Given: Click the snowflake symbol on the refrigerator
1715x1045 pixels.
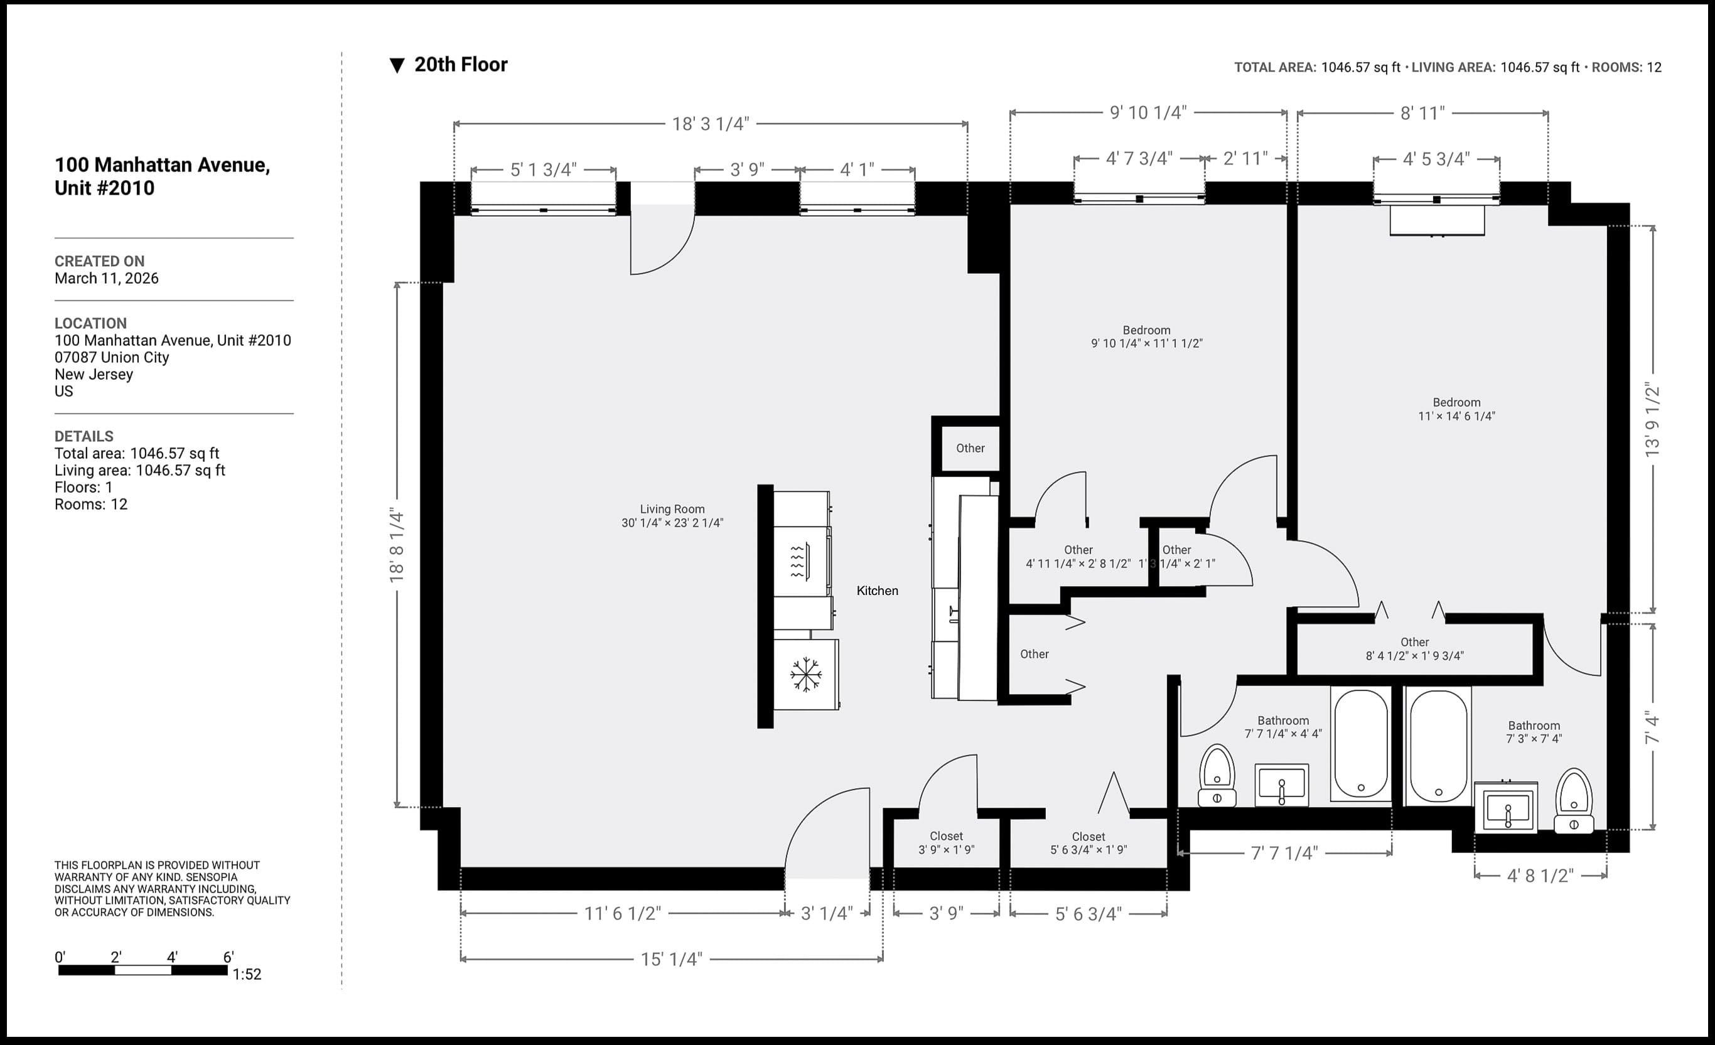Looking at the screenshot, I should pyautogui.click(x=805, y=674).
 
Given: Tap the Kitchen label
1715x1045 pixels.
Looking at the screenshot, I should pyautogui.click(x=877, y=591).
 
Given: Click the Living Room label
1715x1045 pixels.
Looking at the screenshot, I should pyautogui.click(x=672, y=515).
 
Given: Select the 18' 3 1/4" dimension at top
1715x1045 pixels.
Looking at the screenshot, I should pyautogui.click(x=710, y=124).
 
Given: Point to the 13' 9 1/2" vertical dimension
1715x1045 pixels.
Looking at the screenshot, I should pyautogui.click(x=1652, y=421).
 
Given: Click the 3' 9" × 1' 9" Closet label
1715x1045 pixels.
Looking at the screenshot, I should pyautogui.click(x=946, y=842).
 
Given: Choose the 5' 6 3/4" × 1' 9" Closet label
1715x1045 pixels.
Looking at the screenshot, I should pyautogui.click(x=1088, y=842).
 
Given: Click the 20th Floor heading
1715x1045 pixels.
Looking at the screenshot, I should pyautogui.click(x=460, y=65).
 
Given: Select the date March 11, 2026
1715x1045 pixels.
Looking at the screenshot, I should pyautogui.click(x=107, y=278).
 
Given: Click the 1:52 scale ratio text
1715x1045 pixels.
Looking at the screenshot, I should pyautogui.click(x=247, y=974).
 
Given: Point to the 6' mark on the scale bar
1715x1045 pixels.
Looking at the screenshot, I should pyautogui.click(x=228, y=957).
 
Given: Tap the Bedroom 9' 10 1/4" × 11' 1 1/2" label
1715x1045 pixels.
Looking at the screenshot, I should pyautogui.click(x=1146, y=337).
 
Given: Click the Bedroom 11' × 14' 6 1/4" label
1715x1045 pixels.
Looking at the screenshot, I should pyautogui.click(x=1456, y=409).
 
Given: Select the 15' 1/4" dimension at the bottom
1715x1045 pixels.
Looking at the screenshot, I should pyautogui.click(x=671, y=959).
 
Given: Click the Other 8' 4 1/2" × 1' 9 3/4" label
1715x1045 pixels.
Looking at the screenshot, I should pyautogui.click(x=1414, y=648).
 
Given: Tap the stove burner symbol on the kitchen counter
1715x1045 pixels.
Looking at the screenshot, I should pyautogui.click(x=797, y=562).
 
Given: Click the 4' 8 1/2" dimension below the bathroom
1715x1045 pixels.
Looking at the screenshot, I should pyautogui.click(x=1540, y=876).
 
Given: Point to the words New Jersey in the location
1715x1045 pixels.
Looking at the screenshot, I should pyautogui.click(x=94, y=374).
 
